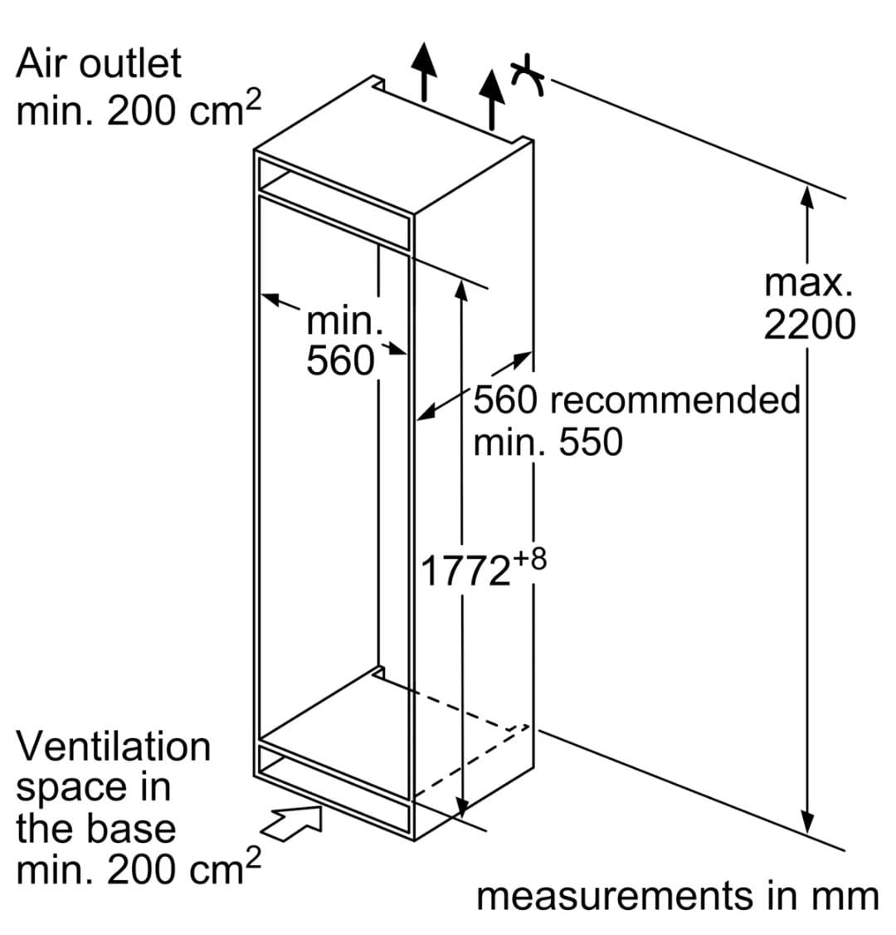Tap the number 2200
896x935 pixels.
[809, 326]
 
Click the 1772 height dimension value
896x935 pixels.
[466, 570]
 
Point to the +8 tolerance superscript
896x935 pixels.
[529, 561]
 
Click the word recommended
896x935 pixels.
[675, 399]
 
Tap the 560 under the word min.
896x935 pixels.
[340, 360]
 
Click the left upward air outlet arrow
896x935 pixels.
[424, 71]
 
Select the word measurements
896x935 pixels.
[615, 896]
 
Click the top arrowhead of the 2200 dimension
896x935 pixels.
[807, 197]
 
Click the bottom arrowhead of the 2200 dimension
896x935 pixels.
[807, 822]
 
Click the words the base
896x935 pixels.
[96, 829]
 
